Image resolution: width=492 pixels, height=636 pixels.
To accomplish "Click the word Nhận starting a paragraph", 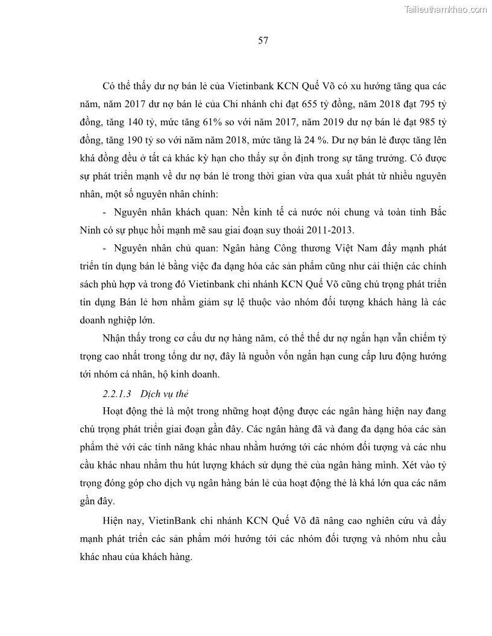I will (x=116, y=338).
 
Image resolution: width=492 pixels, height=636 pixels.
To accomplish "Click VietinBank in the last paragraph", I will (x=168, y=520).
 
